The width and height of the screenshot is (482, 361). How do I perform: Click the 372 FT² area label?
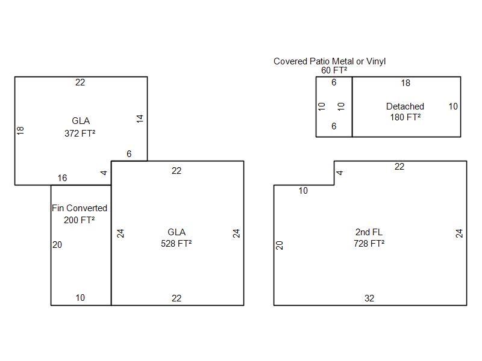pos(80,134)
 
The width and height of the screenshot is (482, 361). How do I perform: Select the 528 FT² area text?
pos(176,244)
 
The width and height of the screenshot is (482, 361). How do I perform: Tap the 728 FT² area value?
pos(369,244)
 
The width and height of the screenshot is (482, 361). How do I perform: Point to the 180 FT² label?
pos(405,117)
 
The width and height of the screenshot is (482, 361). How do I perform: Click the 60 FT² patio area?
pos(334,70)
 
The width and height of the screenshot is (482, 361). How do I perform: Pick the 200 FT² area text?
pos(79,220)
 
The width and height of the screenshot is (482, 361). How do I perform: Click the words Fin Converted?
pos(80,208)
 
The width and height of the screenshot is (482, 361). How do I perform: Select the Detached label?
pos(405,106)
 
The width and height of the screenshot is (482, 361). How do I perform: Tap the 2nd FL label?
pos(369,232)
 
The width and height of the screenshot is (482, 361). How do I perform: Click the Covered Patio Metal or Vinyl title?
pos(330,61)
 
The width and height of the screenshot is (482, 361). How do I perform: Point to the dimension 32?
pos(369,298)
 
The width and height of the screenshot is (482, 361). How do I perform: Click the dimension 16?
pos(62,178)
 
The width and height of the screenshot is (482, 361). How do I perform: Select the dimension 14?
pos(140,119)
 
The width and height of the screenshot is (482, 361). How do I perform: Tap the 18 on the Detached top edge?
pos(405,83)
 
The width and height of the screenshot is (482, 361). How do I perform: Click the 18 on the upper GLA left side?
pos(20,130)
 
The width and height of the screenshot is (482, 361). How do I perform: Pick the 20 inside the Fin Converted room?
pos(57,245)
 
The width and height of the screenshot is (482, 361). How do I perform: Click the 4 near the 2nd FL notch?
pos(339,173)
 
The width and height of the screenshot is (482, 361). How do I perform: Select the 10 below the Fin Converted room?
pos(80,298)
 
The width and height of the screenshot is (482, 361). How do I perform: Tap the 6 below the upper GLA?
pos(129,154)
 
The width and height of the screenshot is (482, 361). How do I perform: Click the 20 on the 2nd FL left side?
pos(280,245)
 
